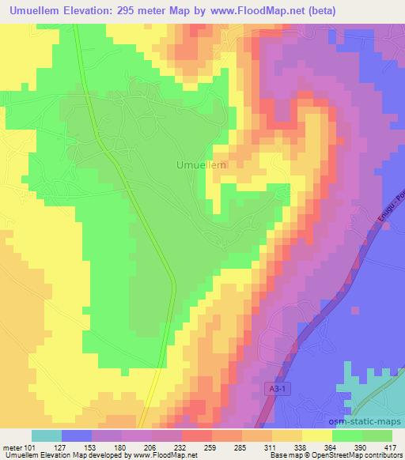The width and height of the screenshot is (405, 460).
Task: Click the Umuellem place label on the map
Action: coord(199,164)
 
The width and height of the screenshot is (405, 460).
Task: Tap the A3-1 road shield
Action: coord(273,386)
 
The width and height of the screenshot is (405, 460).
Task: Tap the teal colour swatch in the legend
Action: coord(47,435)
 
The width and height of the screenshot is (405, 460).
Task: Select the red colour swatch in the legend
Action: coord(196,435)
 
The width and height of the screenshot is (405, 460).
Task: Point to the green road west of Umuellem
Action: coord(127,182)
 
